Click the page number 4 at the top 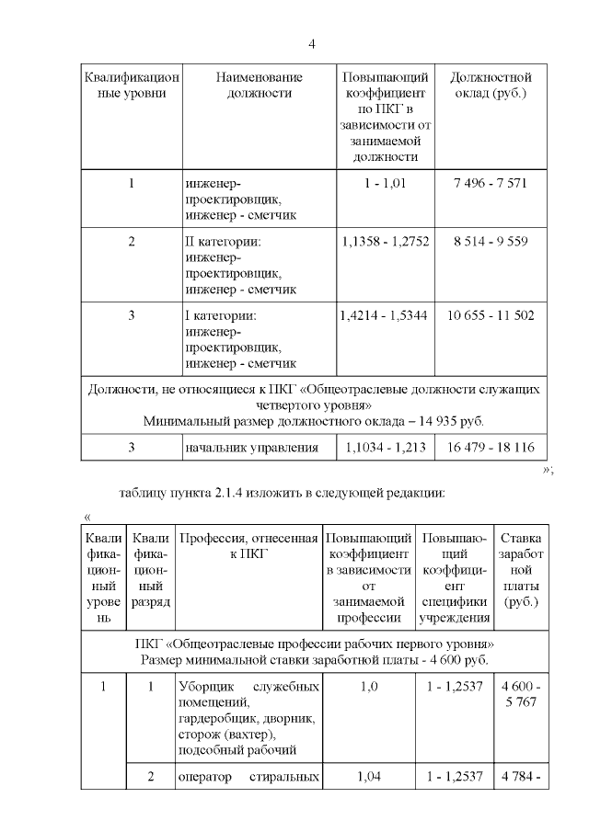point(312,44)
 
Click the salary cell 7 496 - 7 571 point(490,183)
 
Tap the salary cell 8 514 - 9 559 point(490,242)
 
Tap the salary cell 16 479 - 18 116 point(490,448)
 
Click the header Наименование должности point(259,85)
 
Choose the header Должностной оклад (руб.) point(490,85)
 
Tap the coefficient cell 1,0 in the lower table point(368,686)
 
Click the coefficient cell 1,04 point(368,777)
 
